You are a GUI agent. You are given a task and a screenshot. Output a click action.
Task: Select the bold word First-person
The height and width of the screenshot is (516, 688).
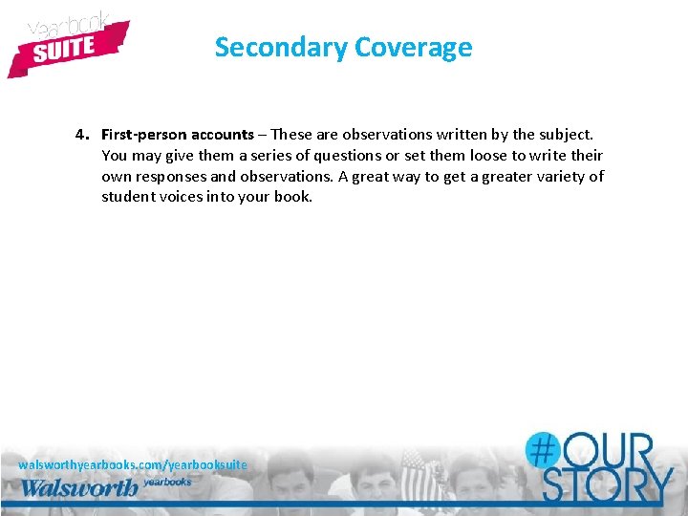pyautogui.click(x=141, y=134)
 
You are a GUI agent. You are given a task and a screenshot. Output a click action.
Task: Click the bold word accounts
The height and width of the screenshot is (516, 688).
pyautogui.click(x=221, y=134)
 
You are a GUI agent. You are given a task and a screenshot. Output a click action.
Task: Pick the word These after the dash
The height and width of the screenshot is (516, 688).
pyautogui.click(x=290, y=134)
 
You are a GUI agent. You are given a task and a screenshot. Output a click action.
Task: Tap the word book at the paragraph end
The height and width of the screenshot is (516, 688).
pyautogui.click(x=294, y=197)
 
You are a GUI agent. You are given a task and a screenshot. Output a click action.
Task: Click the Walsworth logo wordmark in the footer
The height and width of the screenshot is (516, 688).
pyautogui.click(x=78, y=487)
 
